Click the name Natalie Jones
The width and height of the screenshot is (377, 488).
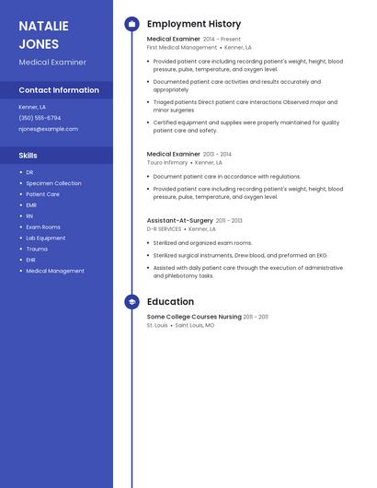tap(43, 34)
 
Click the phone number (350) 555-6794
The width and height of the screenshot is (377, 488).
tap(40, 118)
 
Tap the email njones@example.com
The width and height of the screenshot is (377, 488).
tap(48, 129)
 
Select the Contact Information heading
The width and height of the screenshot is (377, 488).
tap(59, 90)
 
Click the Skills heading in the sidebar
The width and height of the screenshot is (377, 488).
tap(28, 156)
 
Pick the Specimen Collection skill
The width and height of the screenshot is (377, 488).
tap(53, 183)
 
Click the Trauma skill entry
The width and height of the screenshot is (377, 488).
tap(37, 249)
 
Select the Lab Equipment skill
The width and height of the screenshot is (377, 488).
tap(45, 238)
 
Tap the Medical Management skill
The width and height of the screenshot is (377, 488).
tap(54, 271)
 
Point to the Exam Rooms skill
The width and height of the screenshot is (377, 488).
tap(42, 227)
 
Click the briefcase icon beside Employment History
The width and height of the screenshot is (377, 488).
tap(131, 24)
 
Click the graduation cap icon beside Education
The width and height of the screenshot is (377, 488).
tap(131, 301)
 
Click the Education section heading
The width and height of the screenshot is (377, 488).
tap(170, 301)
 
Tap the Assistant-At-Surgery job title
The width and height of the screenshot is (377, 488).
tap(179, 221)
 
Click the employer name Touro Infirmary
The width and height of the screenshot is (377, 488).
tap(167, 162)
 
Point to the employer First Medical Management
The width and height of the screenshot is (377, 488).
tap(182, 47)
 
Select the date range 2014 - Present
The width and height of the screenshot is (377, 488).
tap(222, 40)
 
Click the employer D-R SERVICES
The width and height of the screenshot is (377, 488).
tap(164, 228)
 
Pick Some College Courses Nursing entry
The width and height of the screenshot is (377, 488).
tap(194, 317)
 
